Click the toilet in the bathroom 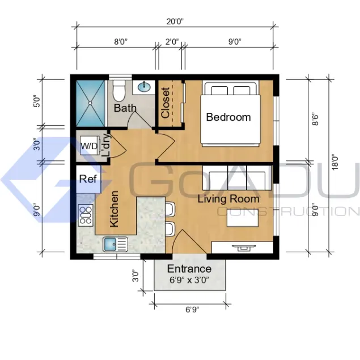119,91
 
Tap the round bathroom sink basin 144,87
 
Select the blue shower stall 91,103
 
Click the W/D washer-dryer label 89,146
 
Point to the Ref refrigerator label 88,179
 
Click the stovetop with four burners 86,215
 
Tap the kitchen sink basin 110,244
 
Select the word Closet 166,103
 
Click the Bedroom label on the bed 228,117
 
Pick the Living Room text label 228,199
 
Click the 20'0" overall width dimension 175,22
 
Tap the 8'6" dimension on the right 315,120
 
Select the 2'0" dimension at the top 172,42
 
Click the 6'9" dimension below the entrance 192,310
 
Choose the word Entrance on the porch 189,269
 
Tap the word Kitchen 114,209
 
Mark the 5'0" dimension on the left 37,101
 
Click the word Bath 125,108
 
